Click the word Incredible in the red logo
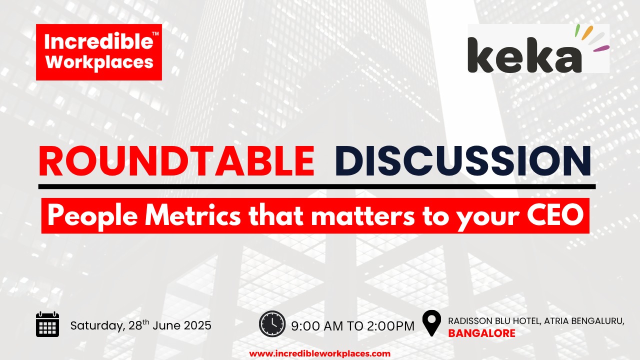coord(98,41)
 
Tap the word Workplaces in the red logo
coord(99,62)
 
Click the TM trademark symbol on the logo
coord(155,33)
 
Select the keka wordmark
coord(524,55)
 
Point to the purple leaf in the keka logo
coord(601,48)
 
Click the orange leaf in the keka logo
coord(587,32)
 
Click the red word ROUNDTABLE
coord(176,161)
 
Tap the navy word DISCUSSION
coord(463,161)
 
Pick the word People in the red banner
coord(92,216)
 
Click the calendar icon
coord(47,324)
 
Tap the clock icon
coord(272,323)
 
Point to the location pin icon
coord(431,323)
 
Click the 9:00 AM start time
coord(317,326)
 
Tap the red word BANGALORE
coord(481,333)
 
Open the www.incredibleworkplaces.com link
coord(319,353)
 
